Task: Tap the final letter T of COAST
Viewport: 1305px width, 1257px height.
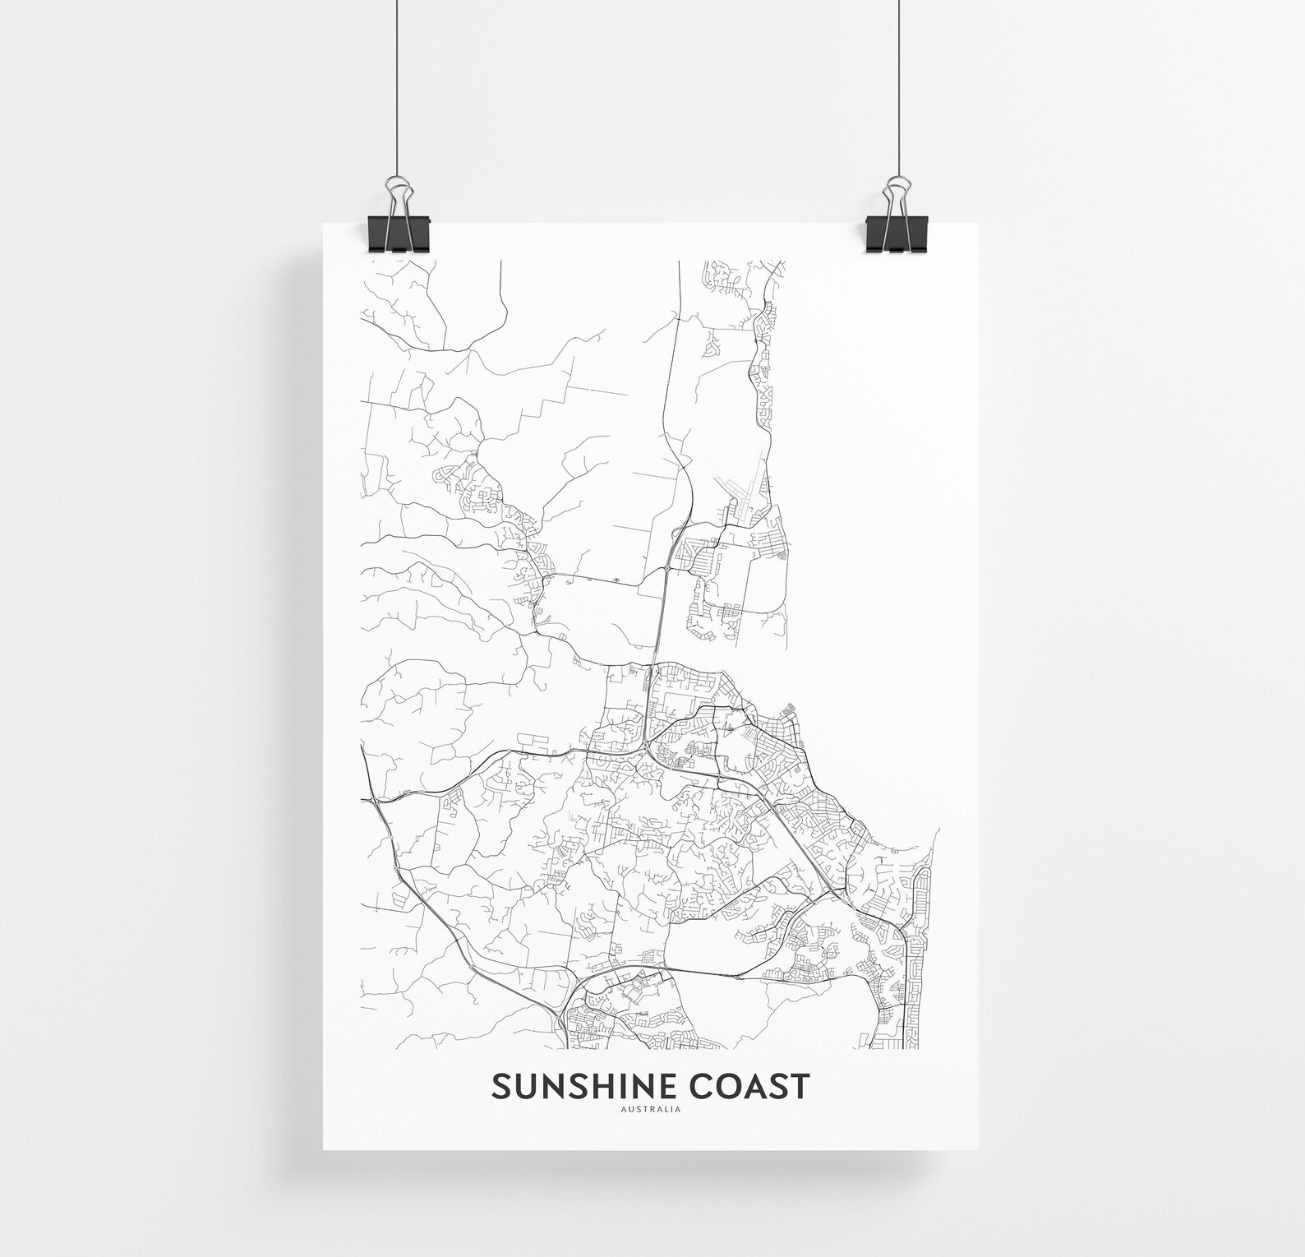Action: [800, 1085]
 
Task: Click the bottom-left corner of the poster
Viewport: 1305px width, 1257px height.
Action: [324, 1148]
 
